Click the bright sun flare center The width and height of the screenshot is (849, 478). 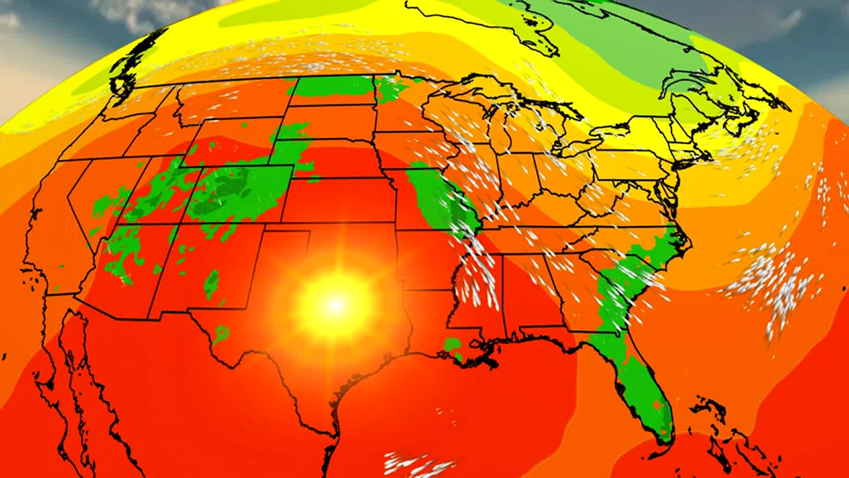[x=336, y=305]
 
